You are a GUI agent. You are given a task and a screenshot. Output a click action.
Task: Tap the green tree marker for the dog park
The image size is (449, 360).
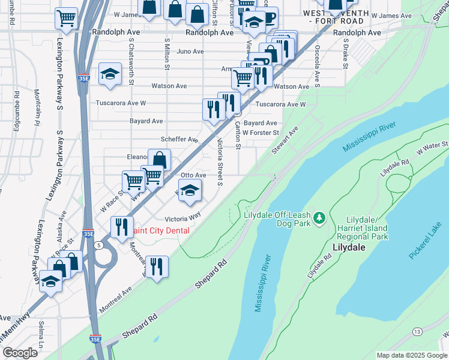320,216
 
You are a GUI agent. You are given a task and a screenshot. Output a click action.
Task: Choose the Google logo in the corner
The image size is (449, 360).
20,353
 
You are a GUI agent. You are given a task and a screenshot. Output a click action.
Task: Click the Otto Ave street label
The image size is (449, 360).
193,175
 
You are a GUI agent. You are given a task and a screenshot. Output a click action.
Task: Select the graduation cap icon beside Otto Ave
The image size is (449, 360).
190,191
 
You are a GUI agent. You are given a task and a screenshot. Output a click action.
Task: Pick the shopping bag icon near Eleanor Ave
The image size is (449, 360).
159,160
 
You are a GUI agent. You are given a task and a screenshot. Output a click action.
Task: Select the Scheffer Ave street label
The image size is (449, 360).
179,139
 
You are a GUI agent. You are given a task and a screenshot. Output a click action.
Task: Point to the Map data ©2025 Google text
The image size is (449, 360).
411,355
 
